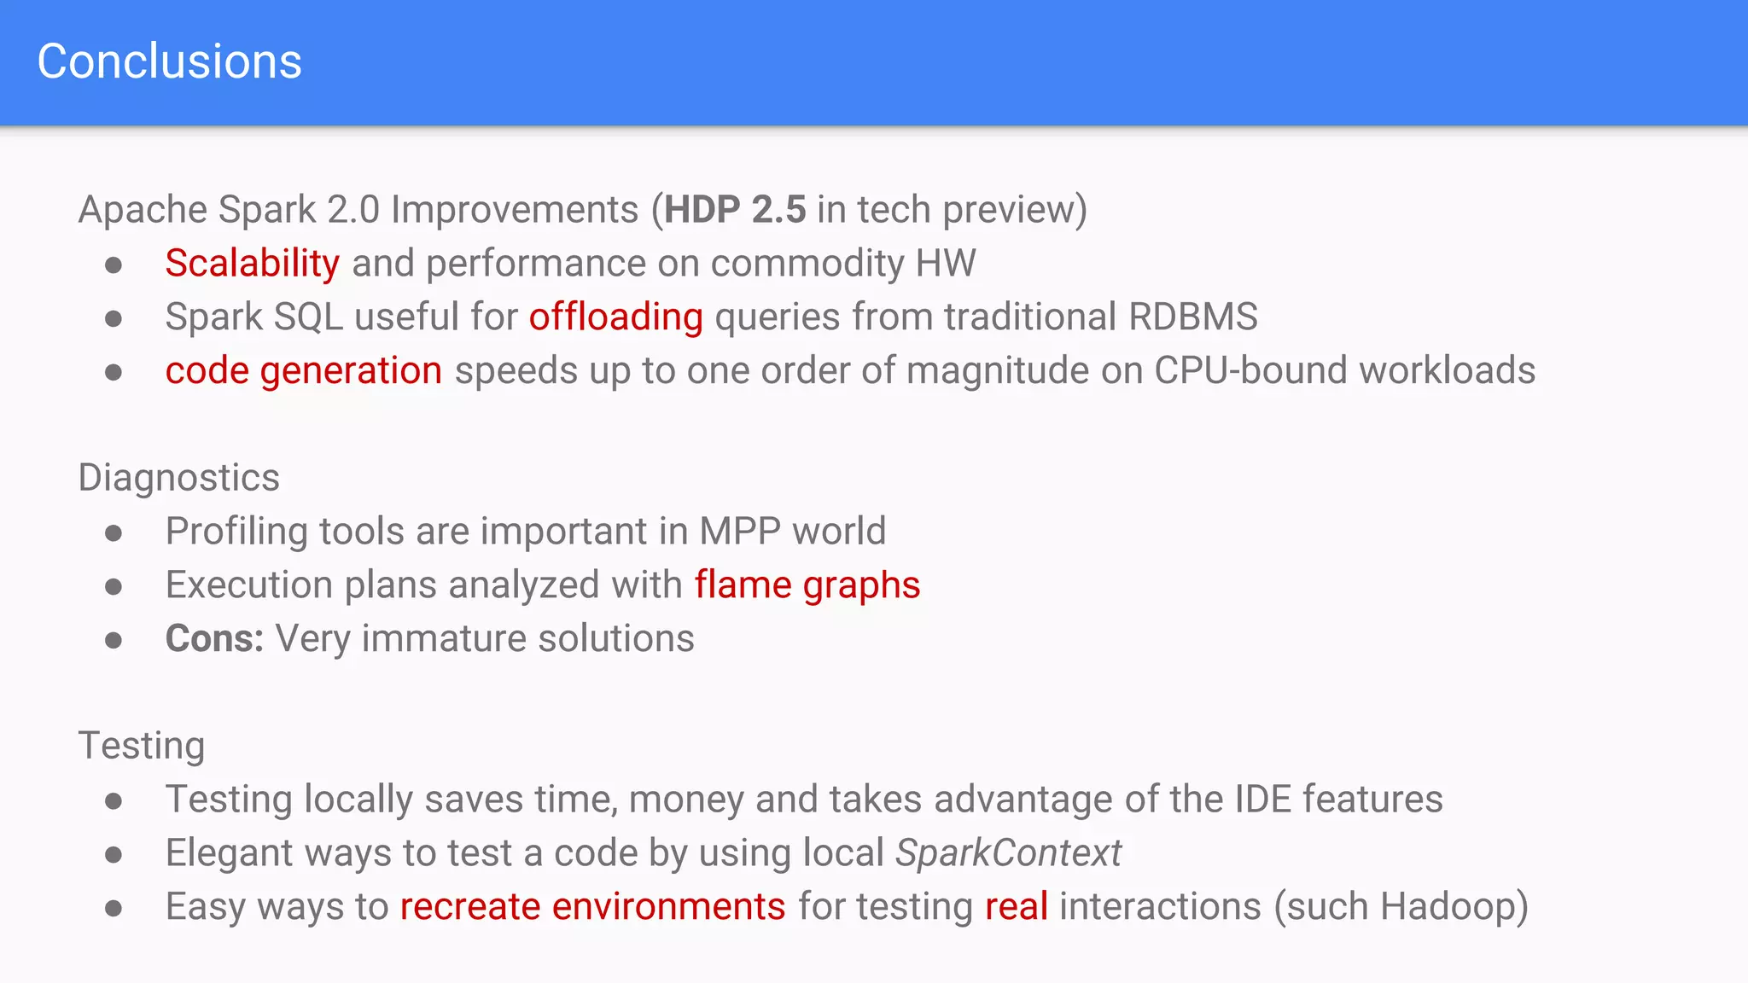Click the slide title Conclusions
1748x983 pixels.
pos(169,61)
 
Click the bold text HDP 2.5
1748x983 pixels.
pos(735,210)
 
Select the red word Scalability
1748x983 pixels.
pos(252,264)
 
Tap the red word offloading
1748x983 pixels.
pos(615,317)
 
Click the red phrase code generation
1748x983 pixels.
pos(303,371)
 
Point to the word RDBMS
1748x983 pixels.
pos(1192,317)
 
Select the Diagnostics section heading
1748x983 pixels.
pos(178,478)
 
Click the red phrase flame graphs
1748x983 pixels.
pos(807,585)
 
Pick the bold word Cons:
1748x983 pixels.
pos(214,639)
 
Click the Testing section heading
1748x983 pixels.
pos(141,746)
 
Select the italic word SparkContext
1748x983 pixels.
pos(1008,853)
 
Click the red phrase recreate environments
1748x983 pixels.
pos(592,907)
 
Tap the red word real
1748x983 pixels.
pos(1016,907)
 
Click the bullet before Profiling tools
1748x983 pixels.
pos(114,533)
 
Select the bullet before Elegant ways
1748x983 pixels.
pos(114,855)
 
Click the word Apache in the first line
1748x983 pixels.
pos(142,210)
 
